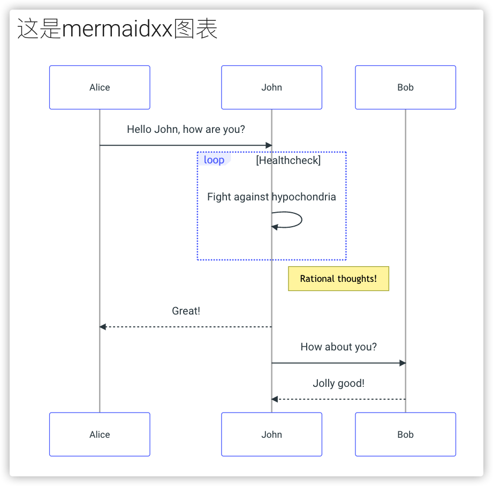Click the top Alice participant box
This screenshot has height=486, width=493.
point(100,87)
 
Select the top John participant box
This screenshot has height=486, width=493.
point(271,87)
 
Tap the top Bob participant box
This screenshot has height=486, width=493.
point(405,87)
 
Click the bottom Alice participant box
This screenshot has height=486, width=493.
point(100,435)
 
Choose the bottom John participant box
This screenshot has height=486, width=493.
point(271,435)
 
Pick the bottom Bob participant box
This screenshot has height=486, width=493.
point(405,435)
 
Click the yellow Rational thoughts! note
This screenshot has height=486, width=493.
point(338,279)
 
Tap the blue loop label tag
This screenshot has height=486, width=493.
point(214,160)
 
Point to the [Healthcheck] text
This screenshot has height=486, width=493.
point(288,160)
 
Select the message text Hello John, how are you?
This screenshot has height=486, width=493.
point(186,129)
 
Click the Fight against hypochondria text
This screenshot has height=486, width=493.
point(271,197)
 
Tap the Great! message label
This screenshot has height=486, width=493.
point(186,311)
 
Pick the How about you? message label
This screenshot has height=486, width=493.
point(338,347)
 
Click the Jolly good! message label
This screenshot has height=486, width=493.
point(338,383)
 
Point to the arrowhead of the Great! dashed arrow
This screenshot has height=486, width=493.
point(103,327)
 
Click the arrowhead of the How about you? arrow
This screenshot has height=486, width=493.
point(403,363)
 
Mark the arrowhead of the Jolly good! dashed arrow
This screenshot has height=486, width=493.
point(275,399)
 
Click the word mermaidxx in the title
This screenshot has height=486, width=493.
point(117,29)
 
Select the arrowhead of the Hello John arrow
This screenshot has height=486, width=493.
point(269,145)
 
